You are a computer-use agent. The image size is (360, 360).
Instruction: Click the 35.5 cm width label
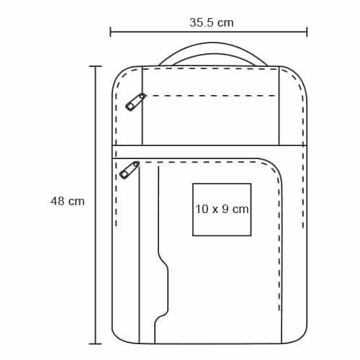[212, 22]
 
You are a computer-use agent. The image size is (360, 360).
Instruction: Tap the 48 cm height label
[68, 201]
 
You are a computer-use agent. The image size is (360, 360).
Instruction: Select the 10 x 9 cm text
[222, 209]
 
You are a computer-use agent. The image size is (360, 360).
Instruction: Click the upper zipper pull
[135, 102]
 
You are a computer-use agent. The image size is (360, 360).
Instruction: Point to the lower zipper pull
[130, 170]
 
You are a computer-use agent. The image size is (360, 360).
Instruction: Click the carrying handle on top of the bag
[213, 46]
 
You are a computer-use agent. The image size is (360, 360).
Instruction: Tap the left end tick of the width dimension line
[110, 32]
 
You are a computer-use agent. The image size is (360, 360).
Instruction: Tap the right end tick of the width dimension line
[307, 32]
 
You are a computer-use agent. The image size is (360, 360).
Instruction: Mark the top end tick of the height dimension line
[96, 66]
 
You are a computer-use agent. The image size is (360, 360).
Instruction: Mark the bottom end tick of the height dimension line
[96, 343]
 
